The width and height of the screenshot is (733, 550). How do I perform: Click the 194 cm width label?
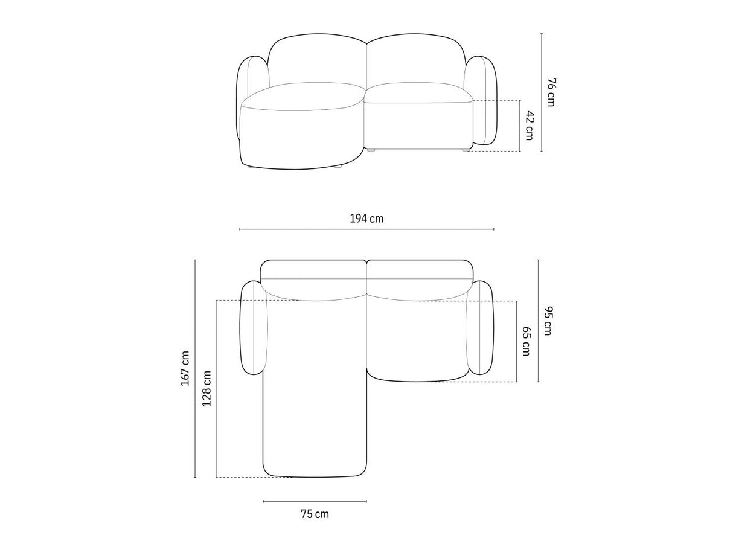click(366, 219)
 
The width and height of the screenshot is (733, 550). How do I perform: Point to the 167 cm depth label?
click(185, 368)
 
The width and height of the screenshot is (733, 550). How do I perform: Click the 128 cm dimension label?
click(206, 388)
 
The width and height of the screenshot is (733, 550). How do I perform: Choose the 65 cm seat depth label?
click(526, 341)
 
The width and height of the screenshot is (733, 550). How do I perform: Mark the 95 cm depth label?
click(548, 321)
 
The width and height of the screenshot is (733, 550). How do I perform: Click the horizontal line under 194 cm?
click(366, 229)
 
